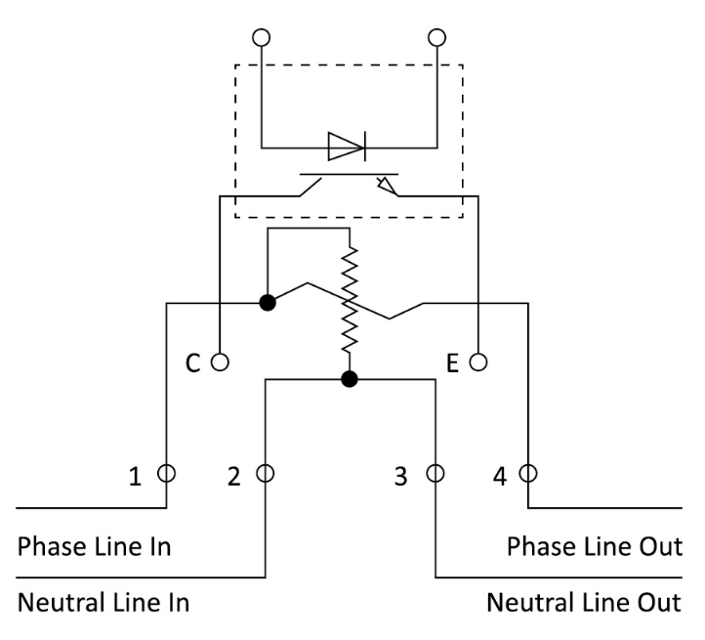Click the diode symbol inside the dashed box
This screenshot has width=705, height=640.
[347, 148]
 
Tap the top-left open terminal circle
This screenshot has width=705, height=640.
[261, 38]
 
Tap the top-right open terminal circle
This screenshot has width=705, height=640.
[435, 38]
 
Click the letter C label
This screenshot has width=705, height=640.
[193, 363]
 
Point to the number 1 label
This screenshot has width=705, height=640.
[137, 478]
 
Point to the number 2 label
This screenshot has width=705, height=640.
[233, 478]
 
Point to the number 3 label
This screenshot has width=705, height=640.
[399, 478]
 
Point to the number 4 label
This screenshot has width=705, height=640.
[501, 478]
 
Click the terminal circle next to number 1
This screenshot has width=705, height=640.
[167, 475]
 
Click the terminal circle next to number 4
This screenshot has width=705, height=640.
[528, 475]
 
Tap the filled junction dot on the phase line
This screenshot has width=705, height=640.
[267, 302]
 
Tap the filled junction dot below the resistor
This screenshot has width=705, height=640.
[349, 379]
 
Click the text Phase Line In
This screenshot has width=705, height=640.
[95, 546]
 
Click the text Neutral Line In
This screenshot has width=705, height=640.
[104, 601]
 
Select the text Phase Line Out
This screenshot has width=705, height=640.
[595, 546]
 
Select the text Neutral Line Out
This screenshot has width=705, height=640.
[585, 601]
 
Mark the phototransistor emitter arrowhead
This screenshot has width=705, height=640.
[387, 185]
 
